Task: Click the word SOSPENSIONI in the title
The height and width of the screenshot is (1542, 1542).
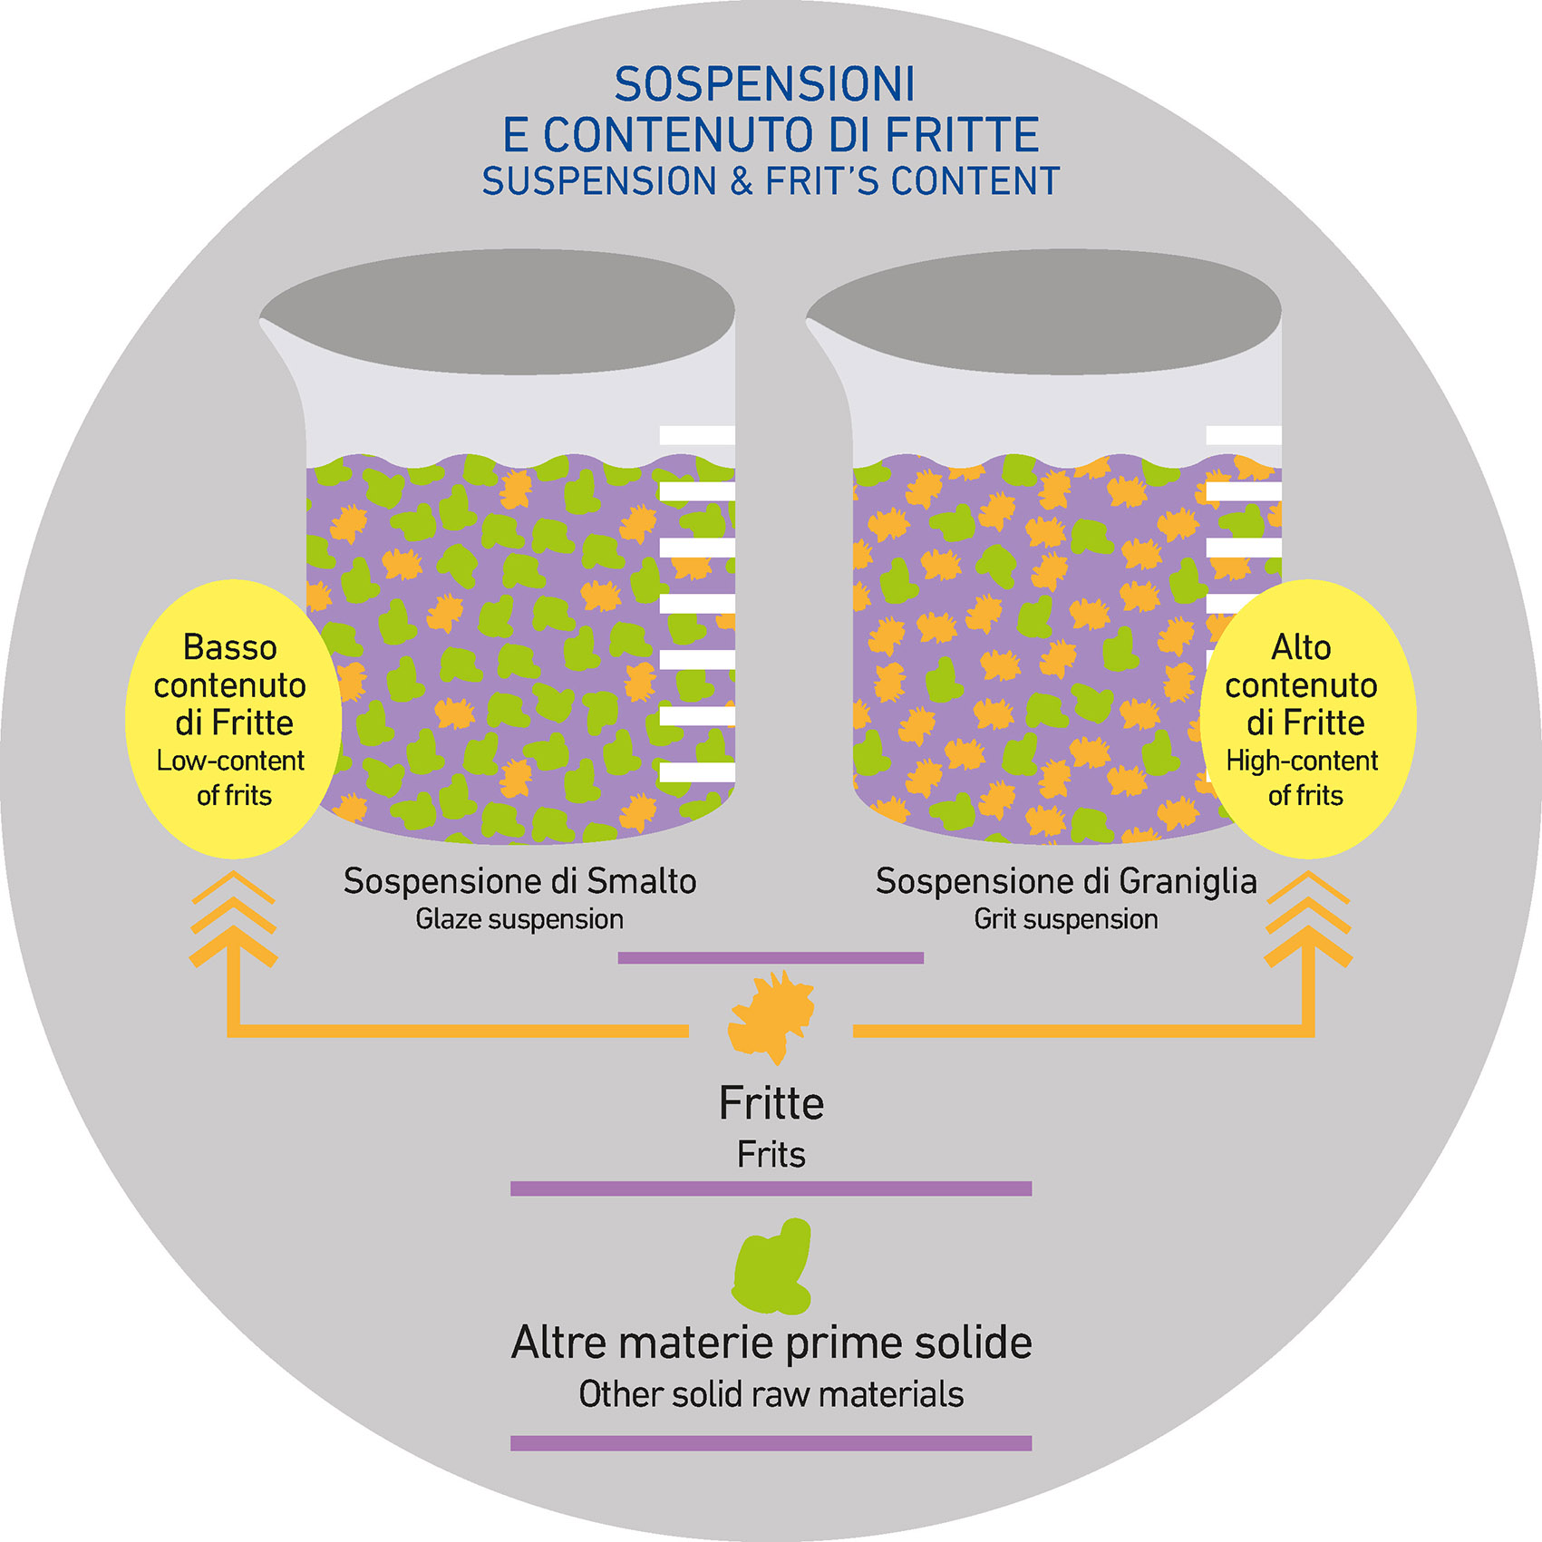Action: (x=764, y=85)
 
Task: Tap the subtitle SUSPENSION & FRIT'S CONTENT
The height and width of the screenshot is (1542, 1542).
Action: (x=771, y=181)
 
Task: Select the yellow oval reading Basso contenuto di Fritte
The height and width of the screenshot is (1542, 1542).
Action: (x=233, y=718)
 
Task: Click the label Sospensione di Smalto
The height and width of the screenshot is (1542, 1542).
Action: (x=519, y=881)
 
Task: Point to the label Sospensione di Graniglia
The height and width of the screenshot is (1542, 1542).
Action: (x=1066, y=881)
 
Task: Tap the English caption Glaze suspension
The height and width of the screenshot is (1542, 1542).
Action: (x=519, y=919)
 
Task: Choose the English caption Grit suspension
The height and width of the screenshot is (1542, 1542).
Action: (x=1066, y=919)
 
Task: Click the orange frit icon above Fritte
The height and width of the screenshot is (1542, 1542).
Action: (x=771, y=1016)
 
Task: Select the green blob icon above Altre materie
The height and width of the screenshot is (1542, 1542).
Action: (x=772, y=1266)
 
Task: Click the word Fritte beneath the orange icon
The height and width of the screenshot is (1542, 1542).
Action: (x=771, y=1104)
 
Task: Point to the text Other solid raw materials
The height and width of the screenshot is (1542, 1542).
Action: (x=771, y=1394)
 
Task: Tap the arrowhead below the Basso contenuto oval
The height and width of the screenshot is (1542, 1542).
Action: (x=233, y=920)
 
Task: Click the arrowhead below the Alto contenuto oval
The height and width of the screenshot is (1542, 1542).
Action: (x=1308, y=920)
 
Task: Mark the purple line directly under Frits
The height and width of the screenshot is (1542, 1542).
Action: (x=771, y=1188)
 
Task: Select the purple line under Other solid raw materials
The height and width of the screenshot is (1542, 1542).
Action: (x=771, y=1443)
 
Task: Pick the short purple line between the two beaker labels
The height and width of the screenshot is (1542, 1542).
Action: (x=771, y=957)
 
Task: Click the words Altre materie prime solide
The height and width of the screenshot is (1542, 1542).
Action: (x=771, y=1343)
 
